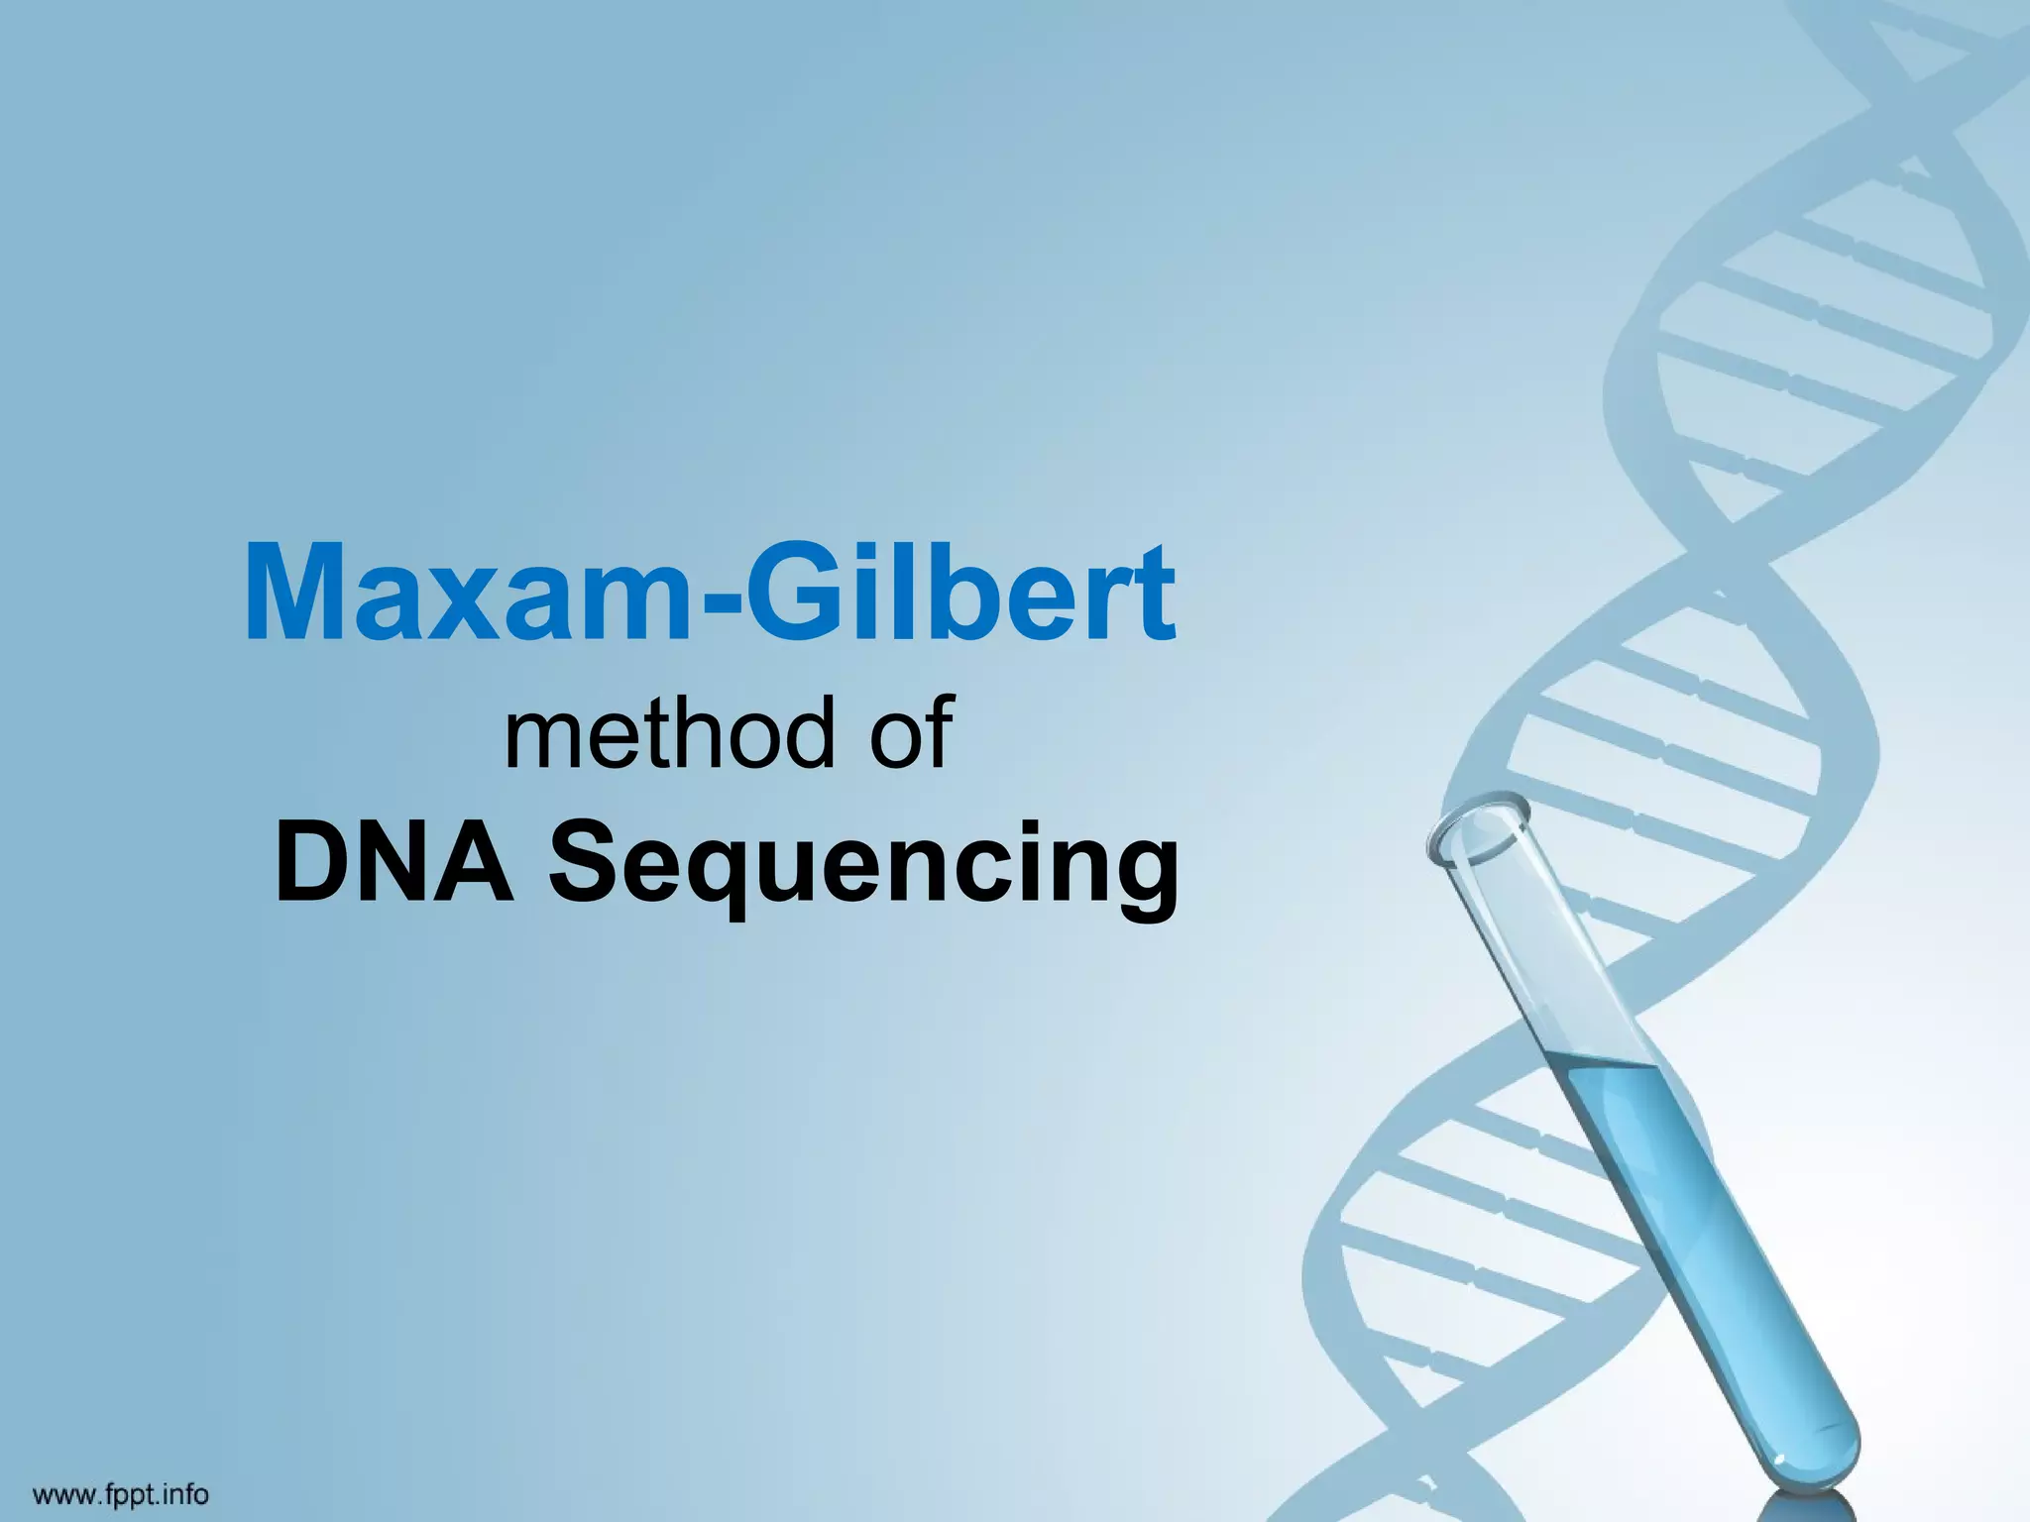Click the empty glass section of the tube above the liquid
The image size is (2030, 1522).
1546,951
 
